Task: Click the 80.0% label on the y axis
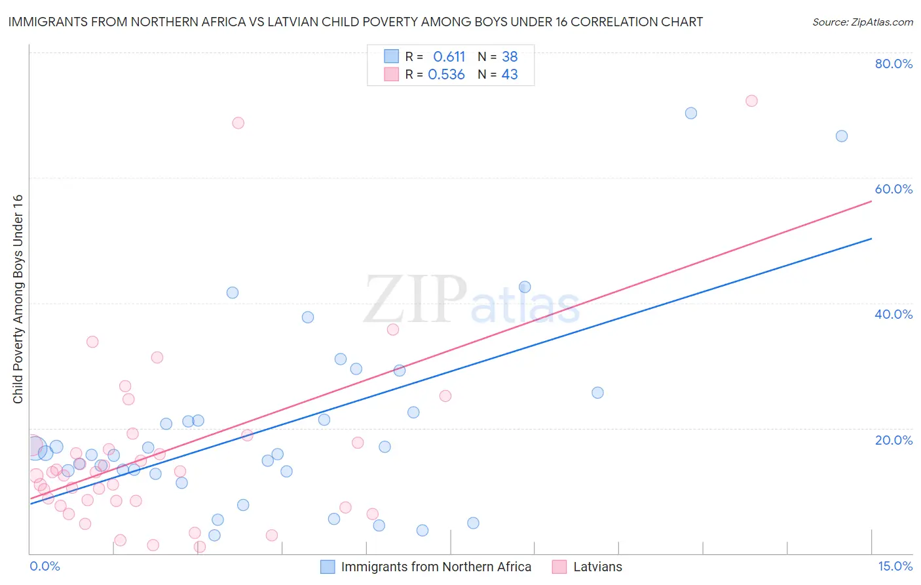(x=893, y=64)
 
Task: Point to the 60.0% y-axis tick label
(x=893, y=189)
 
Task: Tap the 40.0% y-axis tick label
(x=893, y=314)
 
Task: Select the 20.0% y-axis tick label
(x=893, y=440)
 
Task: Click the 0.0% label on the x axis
(x=45, y=567)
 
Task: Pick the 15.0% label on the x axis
(x=895, y=567)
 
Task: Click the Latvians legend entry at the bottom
(x=597, y=567)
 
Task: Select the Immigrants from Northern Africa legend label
(x=436, y=567)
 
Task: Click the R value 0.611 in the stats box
(x=449, y=57)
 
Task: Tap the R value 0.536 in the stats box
(x=446, y=75)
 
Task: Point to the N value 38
(x=510, y=57)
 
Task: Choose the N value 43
(x=510, y=75)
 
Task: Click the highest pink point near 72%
(x=751, y=101)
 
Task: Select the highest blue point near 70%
(x=690, y=113)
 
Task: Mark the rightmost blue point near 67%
(x=842, y=136)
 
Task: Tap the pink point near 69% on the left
(x=238, y=123)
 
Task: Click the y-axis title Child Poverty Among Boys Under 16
(x=18, y=299)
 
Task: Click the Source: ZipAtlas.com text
(x=862, y=22)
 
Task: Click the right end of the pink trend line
(x=871, y=201)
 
